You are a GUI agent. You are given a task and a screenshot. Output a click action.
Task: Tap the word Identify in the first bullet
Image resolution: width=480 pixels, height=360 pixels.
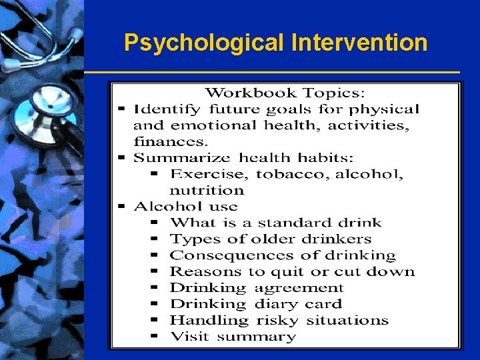coord(167,109)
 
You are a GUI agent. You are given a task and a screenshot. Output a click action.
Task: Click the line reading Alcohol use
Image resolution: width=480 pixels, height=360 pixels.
coord(185,207)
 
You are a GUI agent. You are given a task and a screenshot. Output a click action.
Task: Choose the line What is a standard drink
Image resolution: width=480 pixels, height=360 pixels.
coord(275,223)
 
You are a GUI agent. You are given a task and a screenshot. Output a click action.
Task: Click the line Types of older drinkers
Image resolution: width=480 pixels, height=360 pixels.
coord(270,239)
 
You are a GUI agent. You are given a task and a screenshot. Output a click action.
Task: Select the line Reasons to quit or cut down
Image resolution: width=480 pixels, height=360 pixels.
coord(292,271)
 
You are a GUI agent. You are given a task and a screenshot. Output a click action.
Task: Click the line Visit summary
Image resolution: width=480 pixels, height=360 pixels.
coord(233,337)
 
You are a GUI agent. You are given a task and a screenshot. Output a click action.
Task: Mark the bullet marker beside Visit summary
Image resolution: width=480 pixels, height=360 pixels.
coord(154,337)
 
